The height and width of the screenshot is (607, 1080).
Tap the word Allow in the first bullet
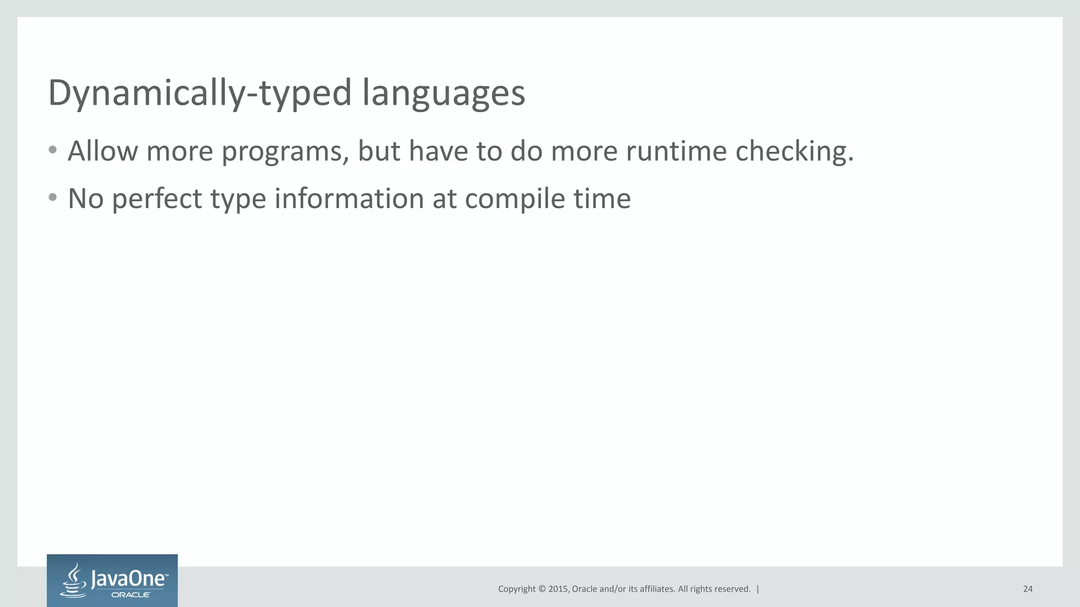pyautogui.click(x=103, y=151)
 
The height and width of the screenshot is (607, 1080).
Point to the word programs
pyautogui.click(x=285, y=152)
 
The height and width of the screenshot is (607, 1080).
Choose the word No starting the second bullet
pyautogui.click(x=85, y=199)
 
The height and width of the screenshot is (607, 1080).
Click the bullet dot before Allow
pyautogui.click(x=52, y=150)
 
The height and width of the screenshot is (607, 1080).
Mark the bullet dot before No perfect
pyautogui.click(x=52, y=198)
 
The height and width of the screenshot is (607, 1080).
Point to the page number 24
pyautogui.click(x=1027, y=589)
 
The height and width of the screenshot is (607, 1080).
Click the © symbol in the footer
pyautogui.click(x=541, y=589)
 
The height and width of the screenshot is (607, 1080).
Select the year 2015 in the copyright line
pyautogui.click(x=558, y=589)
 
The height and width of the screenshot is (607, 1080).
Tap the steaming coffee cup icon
pyautogui.click(x=74, y=581)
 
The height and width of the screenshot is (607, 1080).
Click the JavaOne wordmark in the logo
pyautogui.click(x=129, y=579)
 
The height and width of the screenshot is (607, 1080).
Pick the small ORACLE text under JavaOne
pyautogui.click(x=131, y=594)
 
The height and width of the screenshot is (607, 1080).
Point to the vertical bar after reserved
pyautogui.click(x=758, y=589)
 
